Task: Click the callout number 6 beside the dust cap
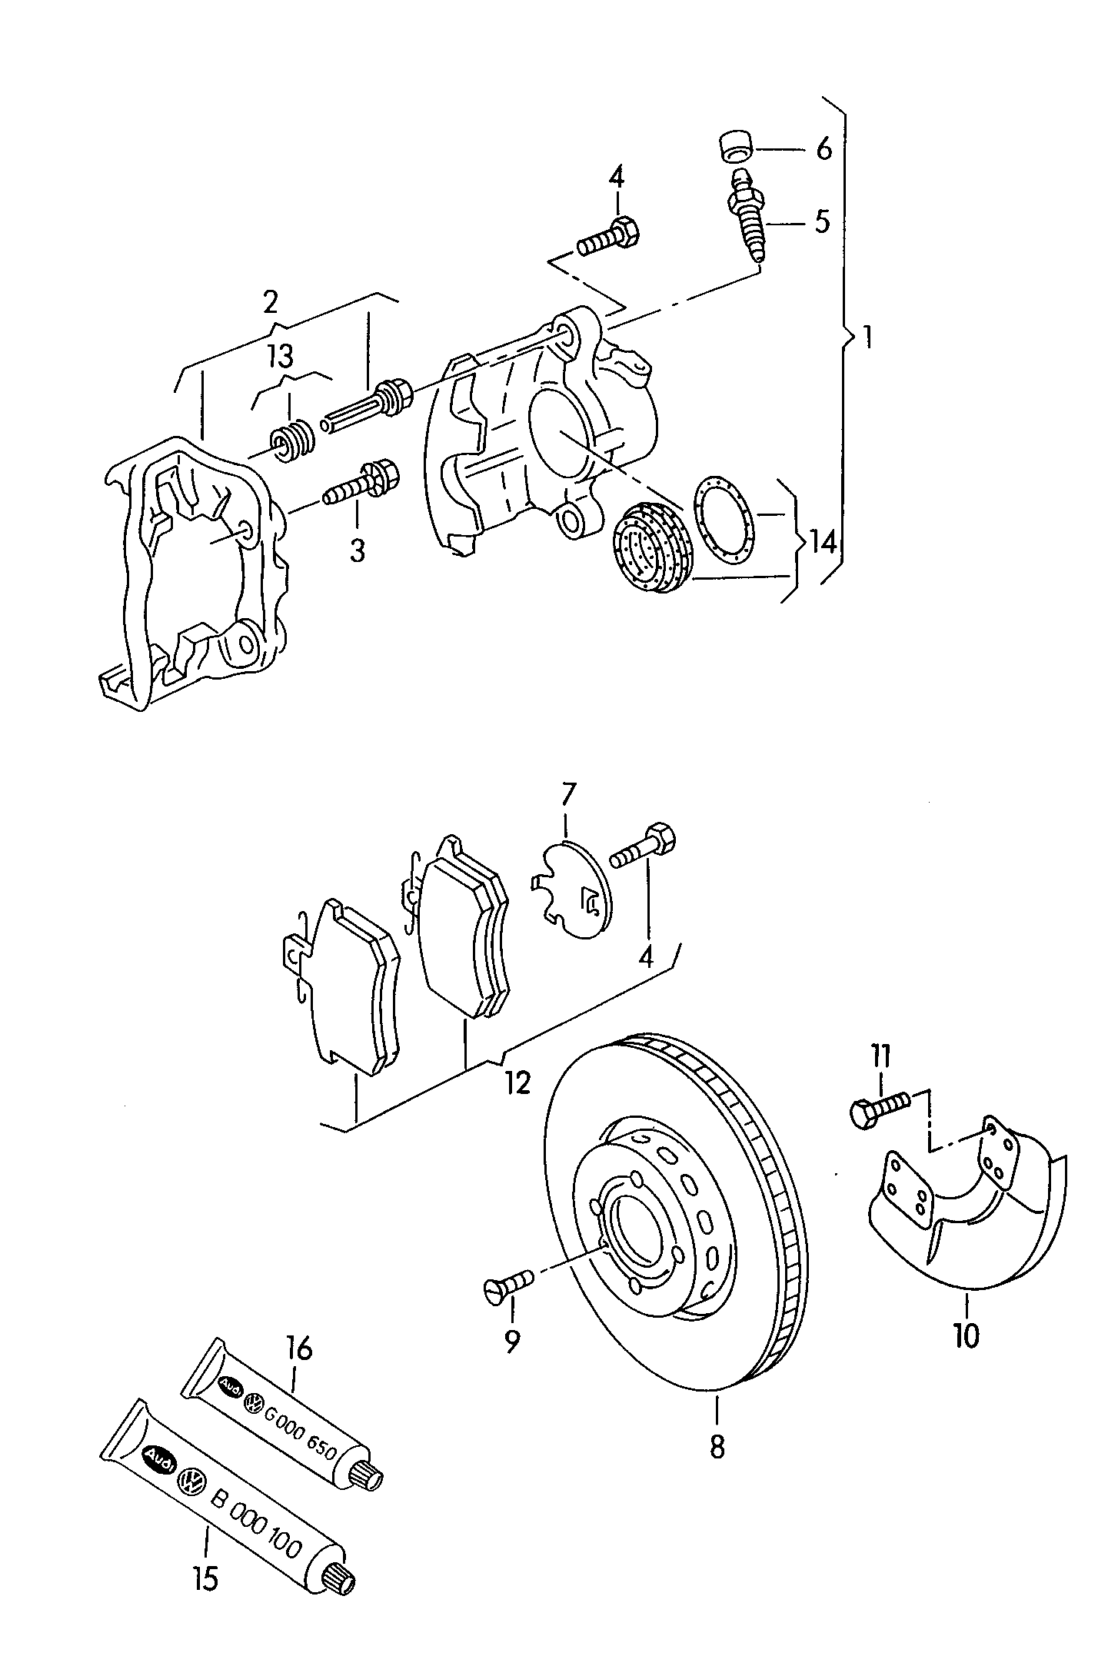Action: [824, 149]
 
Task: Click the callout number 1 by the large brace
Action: [867, 338]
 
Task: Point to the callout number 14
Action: [821, 543]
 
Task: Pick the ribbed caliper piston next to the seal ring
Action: [654, 547]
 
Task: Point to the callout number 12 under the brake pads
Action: [518, 1083]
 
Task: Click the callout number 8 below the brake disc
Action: [717, 1447]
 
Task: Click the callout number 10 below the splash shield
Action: [966, 1335]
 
